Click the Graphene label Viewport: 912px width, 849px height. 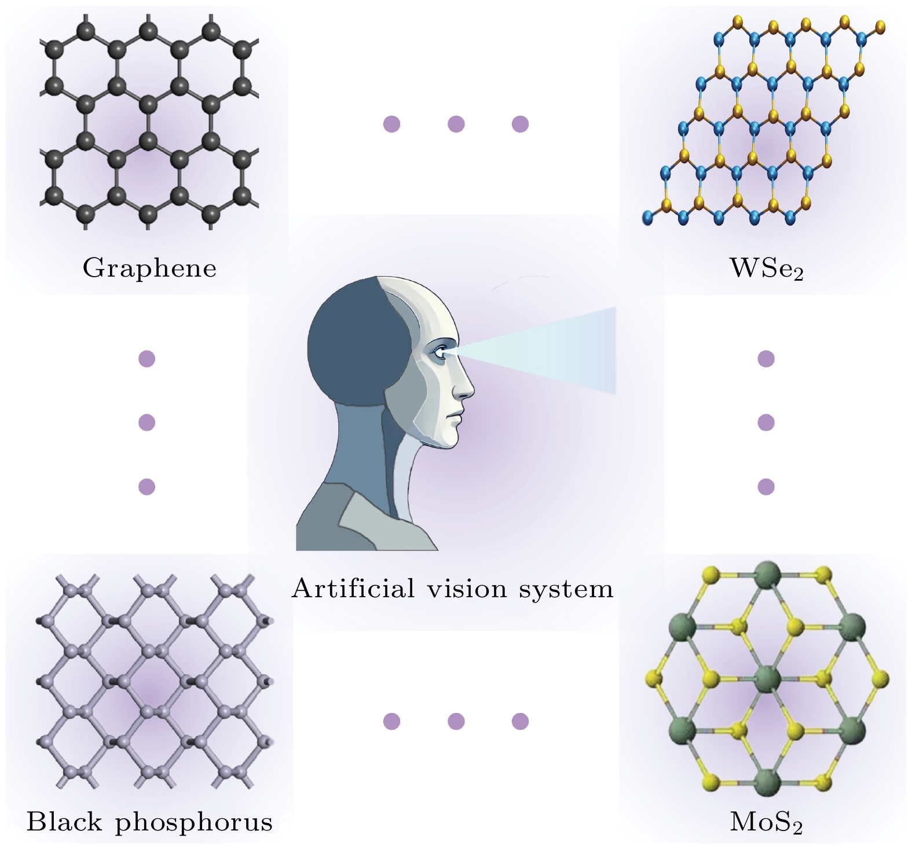tap(149, 269)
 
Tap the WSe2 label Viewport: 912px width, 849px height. tap(767, 269)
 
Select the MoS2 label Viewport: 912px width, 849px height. tap(766, 822)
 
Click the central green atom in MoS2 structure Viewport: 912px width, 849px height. tap(768, 678)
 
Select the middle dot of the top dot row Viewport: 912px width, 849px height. tap(456, 124)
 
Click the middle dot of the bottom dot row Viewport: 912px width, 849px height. tap(456, 721)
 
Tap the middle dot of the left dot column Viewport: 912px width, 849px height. tap(147, 422)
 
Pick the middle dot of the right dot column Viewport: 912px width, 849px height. tap(766, 422)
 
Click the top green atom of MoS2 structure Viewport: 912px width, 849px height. tap(768, 575)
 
